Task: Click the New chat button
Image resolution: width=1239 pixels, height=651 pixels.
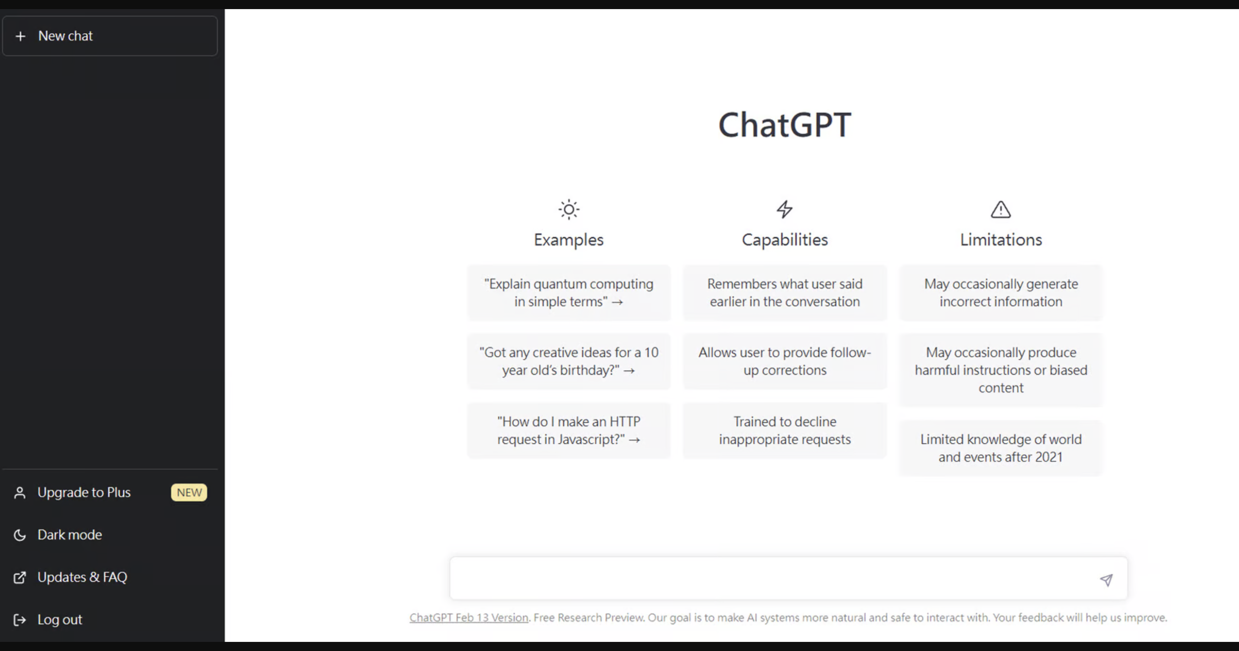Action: point(110,36)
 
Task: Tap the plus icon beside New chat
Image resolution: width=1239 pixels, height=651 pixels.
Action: point(20,36)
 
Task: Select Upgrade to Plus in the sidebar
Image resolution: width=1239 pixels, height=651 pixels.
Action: point(84,492)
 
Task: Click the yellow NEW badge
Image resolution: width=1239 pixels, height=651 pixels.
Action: point(189,492)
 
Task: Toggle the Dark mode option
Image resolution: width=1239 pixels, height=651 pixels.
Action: point(70,534)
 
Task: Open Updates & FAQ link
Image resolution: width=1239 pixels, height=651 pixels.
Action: point(82,577)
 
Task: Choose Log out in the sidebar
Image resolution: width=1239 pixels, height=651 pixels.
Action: point(60,619)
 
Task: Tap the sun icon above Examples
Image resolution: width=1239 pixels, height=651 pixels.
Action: point(568,209)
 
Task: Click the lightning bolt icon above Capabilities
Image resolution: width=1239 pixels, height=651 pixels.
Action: point(785,209)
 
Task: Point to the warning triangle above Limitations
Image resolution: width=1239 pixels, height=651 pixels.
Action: point(1000,210)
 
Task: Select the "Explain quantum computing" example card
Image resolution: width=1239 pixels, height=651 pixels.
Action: point(568,293)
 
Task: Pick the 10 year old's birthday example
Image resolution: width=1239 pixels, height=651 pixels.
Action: point(568,361)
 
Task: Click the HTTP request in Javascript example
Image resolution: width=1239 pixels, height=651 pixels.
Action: point(568,430)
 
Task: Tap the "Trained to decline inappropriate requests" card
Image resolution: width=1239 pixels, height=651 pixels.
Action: point(785,430)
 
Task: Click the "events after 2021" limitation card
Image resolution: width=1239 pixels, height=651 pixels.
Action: point(1000,448)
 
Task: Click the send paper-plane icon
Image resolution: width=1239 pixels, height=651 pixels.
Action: point(1106,580)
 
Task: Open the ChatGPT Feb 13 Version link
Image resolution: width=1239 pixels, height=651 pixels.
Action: point(468,617)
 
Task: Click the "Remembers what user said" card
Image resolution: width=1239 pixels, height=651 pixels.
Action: point(785,293)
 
